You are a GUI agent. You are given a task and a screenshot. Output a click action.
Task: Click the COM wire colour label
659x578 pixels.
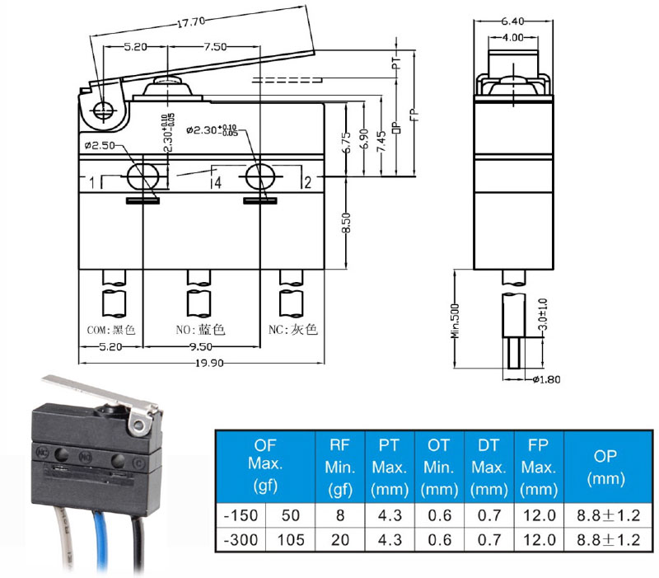pyautogui.click(x=111, y=329)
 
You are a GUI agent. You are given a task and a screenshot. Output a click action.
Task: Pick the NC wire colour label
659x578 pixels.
pyautogui.click(x=292, y=329)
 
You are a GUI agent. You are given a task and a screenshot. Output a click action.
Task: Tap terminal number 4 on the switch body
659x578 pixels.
pyautogui.click(x=217, y=182)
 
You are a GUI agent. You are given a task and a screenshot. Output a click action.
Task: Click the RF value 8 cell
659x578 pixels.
pyautogui.click(x=339, y=516)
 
